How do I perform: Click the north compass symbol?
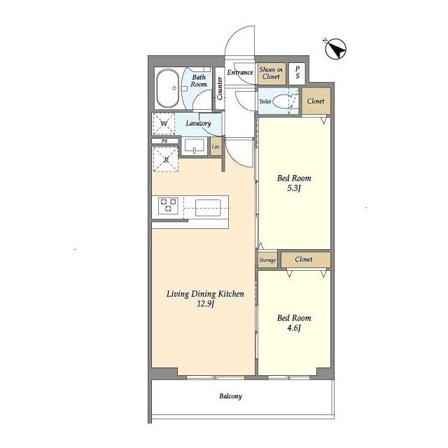[336, 49]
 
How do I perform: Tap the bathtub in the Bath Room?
[168, 88]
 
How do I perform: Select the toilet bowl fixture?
[281, 101]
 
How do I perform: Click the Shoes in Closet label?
[271, 73]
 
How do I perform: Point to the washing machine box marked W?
[164, 124]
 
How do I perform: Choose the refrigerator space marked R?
[166, 160]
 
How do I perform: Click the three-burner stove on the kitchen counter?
[168, 206]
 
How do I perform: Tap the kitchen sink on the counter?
[208, 208]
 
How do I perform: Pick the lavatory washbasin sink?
[195, 146]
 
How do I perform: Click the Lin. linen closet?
[216, 146]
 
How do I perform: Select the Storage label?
[267, 260]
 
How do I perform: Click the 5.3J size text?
[294, 188]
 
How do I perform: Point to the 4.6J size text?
[294, 328]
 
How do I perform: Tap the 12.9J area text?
[205, 304]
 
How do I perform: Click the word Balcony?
[230, 396]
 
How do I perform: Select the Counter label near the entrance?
[220, 88]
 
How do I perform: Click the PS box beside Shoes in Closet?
[297, 73]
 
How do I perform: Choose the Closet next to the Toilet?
[316, 101]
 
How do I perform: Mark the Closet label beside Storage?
[304, 259]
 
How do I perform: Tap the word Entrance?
[240, 73]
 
